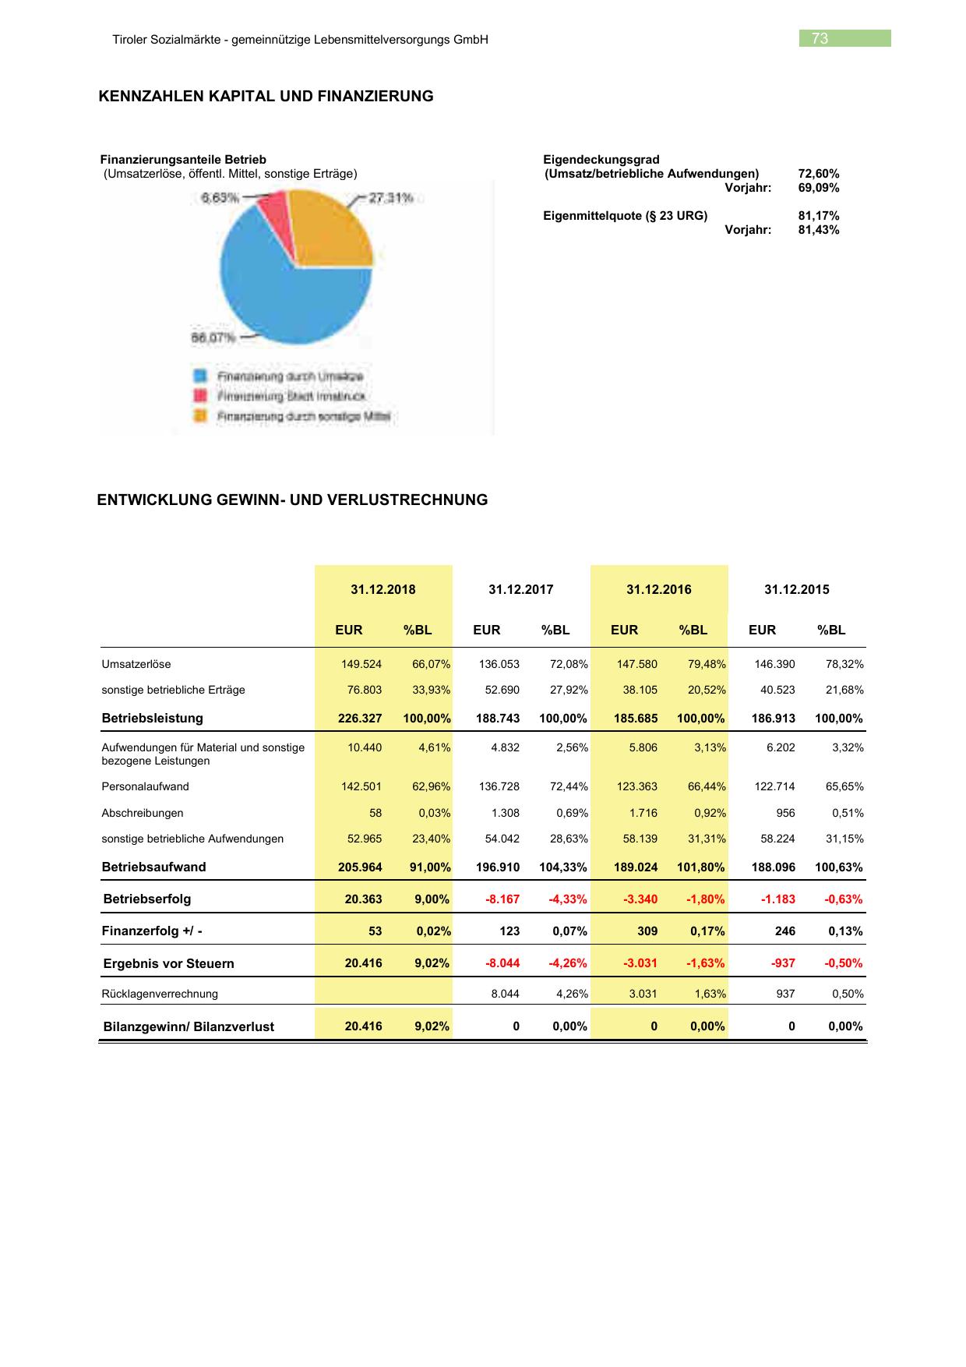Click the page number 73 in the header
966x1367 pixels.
(820, 39)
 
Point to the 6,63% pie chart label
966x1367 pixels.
(220, 198)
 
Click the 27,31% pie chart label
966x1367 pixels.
(390, 198)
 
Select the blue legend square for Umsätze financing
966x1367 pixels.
(199, 376)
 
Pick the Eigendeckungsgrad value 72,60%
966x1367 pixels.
(819, 174)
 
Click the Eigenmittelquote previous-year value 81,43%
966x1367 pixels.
(819, 230)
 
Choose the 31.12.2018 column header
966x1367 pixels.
(383, 589)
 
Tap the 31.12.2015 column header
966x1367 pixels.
(797, 589)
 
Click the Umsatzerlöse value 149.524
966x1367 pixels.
(361, 665)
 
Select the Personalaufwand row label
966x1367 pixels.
(145, 787)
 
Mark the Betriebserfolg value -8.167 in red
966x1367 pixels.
(502, 899)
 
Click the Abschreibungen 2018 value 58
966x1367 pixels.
(375, 814)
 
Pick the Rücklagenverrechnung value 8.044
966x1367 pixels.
(504, 994)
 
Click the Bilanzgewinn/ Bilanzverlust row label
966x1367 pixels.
(189, 1027)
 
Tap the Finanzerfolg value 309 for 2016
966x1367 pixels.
(647, 931)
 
